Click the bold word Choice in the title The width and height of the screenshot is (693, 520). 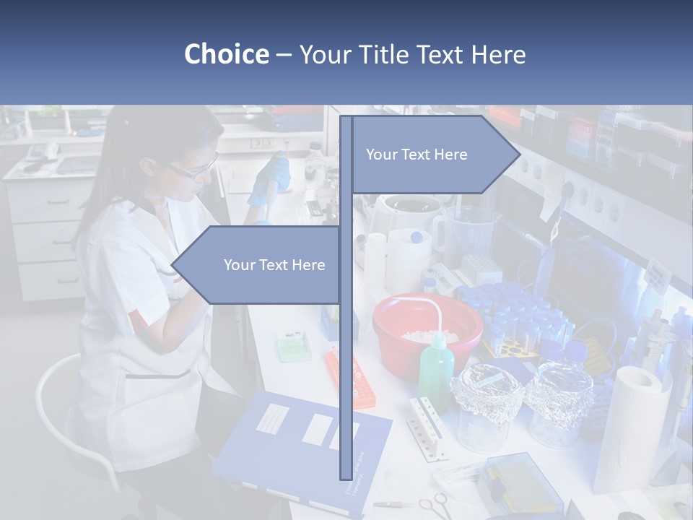(226, 54)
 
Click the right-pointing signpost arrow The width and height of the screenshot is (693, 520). (433, 155)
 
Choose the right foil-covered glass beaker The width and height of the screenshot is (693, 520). (559, 401)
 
